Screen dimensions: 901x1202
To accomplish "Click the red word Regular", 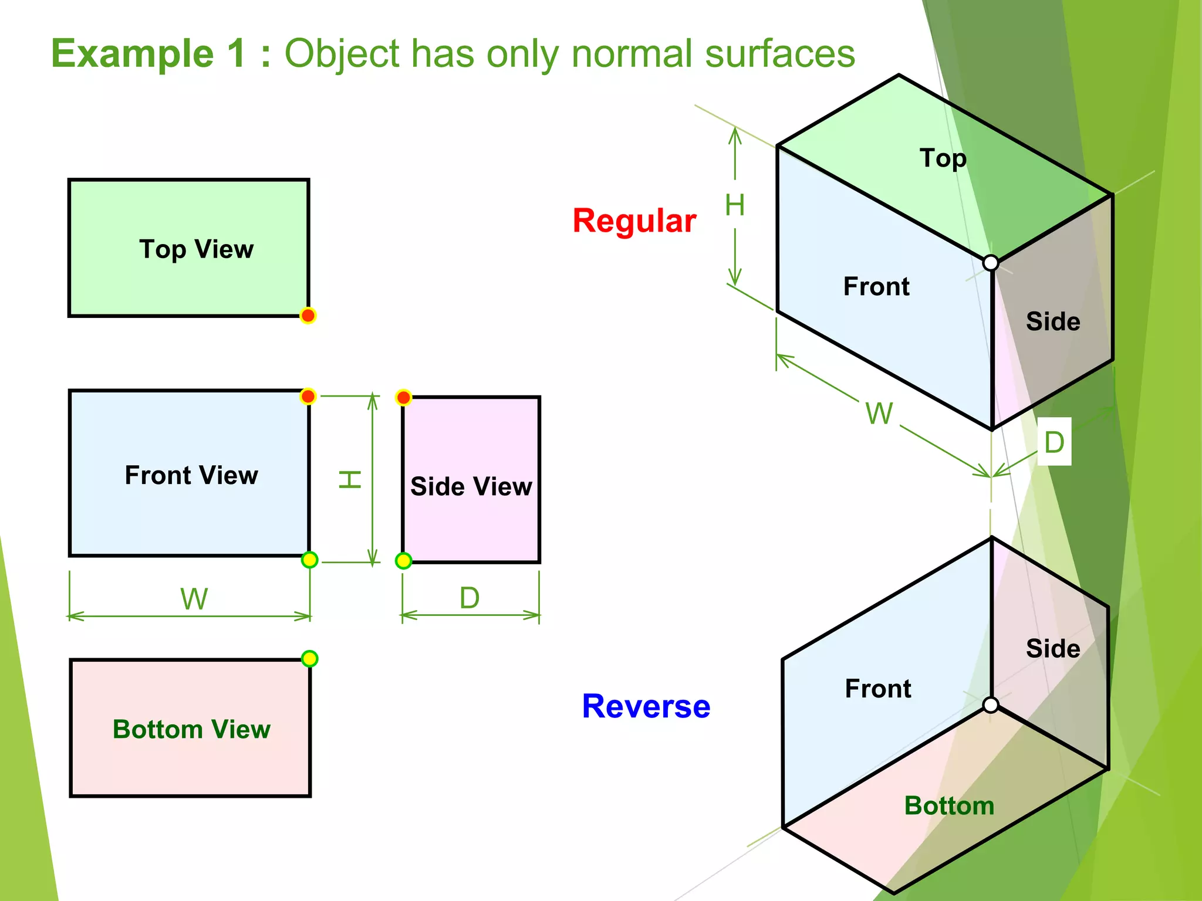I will tap(634, 221).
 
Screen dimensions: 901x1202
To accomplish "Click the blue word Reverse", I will tap(646, 706).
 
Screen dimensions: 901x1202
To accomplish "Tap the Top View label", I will tap(196, 249).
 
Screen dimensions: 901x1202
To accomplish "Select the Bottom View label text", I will tap(191, 729).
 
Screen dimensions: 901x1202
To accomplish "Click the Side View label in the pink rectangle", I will tap(471, 486).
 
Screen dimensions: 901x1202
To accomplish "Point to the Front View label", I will tap(191, 475).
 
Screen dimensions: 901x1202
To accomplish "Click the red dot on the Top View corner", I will tap(308, 316).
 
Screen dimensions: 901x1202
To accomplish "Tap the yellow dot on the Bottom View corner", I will tap(309, 659).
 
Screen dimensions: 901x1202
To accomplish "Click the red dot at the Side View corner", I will tap(403, 398).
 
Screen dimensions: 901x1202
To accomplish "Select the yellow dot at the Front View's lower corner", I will tap(309, 560).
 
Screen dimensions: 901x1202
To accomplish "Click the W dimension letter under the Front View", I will tap(194, 599).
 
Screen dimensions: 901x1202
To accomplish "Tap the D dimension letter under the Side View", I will tap(470, 598).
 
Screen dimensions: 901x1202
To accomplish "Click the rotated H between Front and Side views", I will tap(350, 479).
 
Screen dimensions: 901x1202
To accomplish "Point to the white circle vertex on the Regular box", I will tap(991, 263).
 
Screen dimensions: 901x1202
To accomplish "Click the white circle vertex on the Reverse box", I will tap(991, 705).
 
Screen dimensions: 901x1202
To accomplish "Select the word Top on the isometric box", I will tap(943, 158).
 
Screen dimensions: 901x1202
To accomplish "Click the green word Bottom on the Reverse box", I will tap(949, 806).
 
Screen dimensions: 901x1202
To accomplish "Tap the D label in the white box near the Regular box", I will tap(1054, 442).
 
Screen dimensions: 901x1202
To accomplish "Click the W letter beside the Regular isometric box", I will tap(879, 414).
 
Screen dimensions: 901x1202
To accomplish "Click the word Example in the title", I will tap(132, 53).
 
